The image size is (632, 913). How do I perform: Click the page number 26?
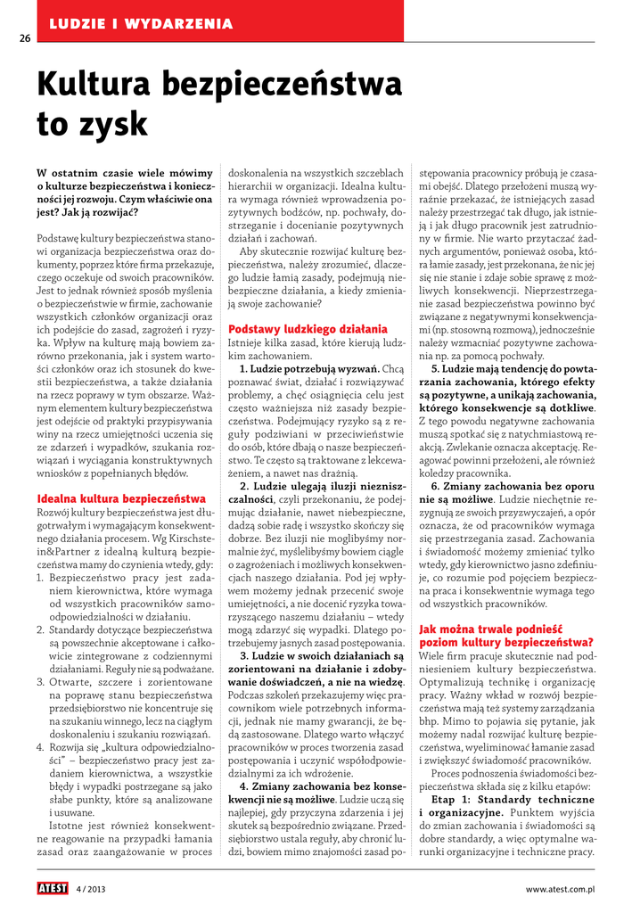coord(24,38)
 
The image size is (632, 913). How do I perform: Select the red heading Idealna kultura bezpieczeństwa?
coord(121,498)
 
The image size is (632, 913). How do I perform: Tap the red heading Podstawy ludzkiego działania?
coord(308,328)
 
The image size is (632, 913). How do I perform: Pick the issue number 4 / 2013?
coord(91,889)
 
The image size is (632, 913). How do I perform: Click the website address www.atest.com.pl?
coord(560,889)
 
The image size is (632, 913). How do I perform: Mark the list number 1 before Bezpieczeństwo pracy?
coord(41,578)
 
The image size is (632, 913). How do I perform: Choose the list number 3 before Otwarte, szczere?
coord(41,682)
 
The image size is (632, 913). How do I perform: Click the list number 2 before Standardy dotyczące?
coord(41,629)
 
